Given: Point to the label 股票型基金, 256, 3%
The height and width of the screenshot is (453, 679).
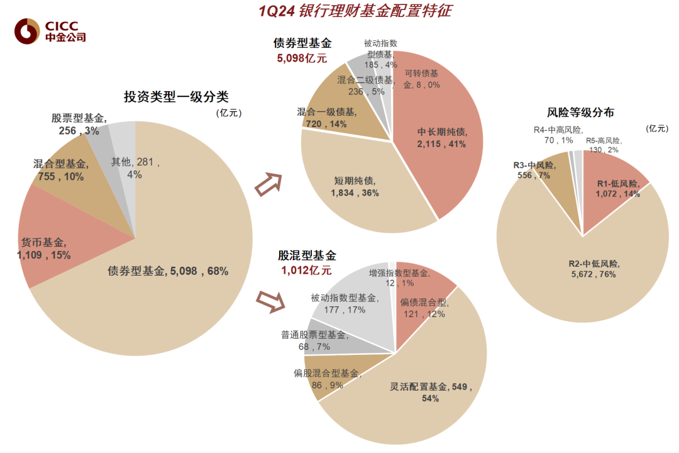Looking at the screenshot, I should [x=79, y=124].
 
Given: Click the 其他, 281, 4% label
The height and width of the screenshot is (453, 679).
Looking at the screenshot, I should [x=135, y=168].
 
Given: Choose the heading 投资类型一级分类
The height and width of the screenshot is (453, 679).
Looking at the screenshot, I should [x=175, y=97].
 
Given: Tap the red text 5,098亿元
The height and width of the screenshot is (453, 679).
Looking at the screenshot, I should [x=302, y=59].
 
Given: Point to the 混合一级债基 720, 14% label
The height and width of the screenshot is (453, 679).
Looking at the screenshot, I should [x=327, y=118].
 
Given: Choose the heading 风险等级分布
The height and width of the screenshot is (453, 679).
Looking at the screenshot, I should [x=580, y=113].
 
